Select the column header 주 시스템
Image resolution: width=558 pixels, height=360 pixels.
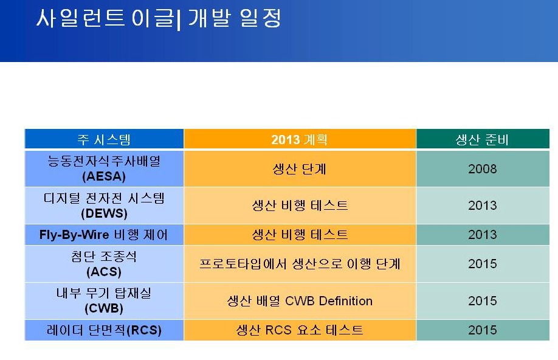point(104,139)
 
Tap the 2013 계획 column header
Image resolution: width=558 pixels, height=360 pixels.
point(299,139)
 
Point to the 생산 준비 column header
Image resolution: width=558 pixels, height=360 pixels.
point(482,139)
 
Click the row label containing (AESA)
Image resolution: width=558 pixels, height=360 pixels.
point(104,168)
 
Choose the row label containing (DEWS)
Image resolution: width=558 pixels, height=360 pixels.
point(104,206)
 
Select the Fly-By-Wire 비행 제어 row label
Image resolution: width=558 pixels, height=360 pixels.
point(103,235)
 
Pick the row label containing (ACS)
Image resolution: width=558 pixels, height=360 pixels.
point(104,264)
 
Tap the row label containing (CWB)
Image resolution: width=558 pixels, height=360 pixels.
point(104,301)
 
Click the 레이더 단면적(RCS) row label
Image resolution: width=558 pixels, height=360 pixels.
point(104,330)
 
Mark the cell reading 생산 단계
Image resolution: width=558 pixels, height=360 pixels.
point(299,169)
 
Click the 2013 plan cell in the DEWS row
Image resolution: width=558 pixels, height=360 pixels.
point(300,206)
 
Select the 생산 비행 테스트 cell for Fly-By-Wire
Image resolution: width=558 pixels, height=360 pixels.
point(300,235)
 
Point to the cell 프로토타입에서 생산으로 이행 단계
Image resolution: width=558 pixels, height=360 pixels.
point(300,264)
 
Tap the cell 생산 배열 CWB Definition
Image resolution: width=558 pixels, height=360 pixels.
point(300,301)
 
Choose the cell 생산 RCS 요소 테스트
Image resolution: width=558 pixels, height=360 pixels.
point(300,330)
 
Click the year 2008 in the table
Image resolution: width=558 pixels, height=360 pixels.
point(482,169)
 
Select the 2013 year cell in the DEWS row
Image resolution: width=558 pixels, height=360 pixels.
point(482,206)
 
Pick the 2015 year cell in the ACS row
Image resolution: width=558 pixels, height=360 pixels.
point(482,264)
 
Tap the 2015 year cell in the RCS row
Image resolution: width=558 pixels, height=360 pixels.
point(482,330)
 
